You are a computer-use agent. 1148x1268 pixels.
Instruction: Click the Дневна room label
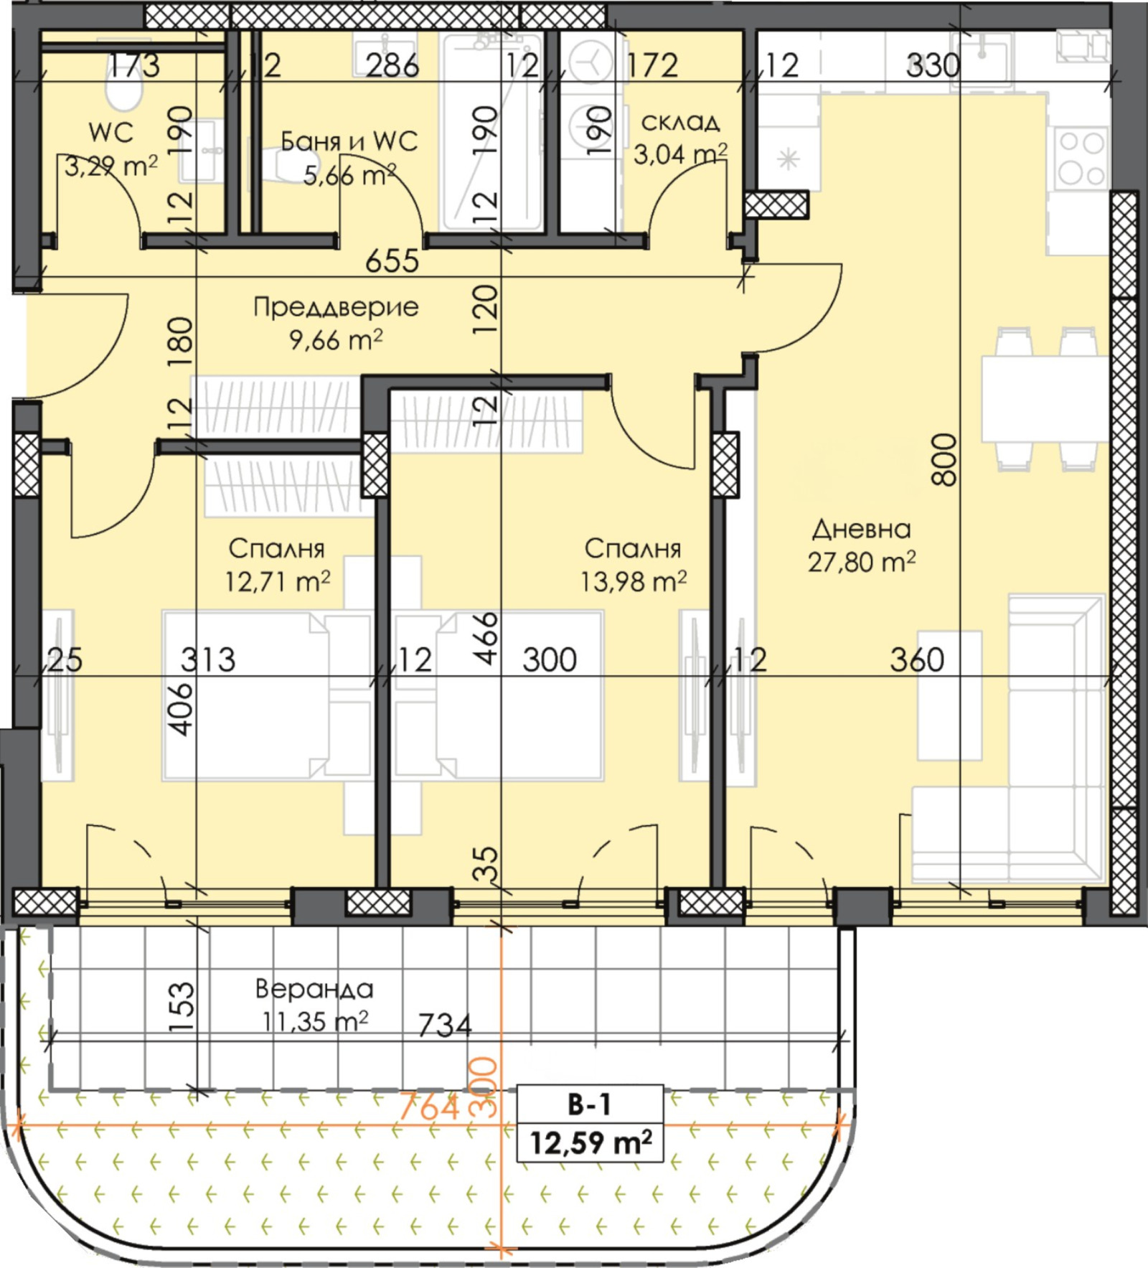pos(861,530)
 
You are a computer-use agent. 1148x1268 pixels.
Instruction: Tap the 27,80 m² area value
pos(862,562)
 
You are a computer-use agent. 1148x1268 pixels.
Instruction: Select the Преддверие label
pos(336,307)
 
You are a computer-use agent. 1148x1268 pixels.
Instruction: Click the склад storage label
pos(680,122)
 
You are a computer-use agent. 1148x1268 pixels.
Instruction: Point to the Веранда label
pos(314,990)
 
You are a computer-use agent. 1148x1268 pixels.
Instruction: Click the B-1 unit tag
pos(590,1104)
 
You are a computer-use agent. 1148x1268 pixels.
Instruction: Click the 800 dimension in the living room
pos(946,460)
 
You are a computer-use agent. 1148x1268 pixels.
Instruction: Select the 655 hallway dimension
pos(392,260)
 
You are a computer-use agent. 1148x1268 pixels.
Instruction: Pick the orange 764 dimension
pos(428,1106)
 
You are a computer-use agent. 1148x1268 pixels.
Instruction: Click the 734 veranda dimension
pos(445,1025)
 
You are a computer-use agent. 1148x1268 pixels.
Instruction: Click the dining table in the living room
pos(1045,399)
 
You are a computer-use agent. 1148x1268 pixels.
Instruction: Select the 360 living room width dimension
pos(917,659)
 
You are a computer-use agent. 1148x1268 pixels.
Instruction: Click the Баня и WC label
pos(349,141)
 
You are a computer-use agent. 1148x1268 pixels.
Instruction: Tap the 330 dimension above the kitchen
pos(933,65)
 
